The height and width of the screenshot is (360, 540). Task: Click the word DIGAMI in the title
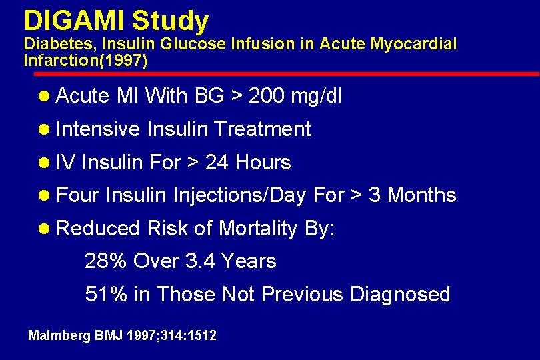click(74, 21)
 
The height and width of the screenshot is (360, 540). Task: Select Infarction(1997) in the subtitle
click(85, 60)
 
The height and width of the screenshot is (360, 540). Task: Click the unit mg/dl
click(317, 97)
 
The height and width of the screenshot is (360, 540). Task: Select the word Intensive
click(98, 129)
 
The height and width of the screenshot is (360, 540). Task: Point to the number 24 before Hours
click(217, 162)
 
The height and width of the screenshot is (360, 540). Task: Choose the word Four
click(78, 195)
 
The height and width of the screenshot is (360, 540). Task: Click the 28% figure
click(106, 261)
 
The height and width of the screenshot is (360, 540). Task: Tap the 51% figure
click(106, 294)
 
